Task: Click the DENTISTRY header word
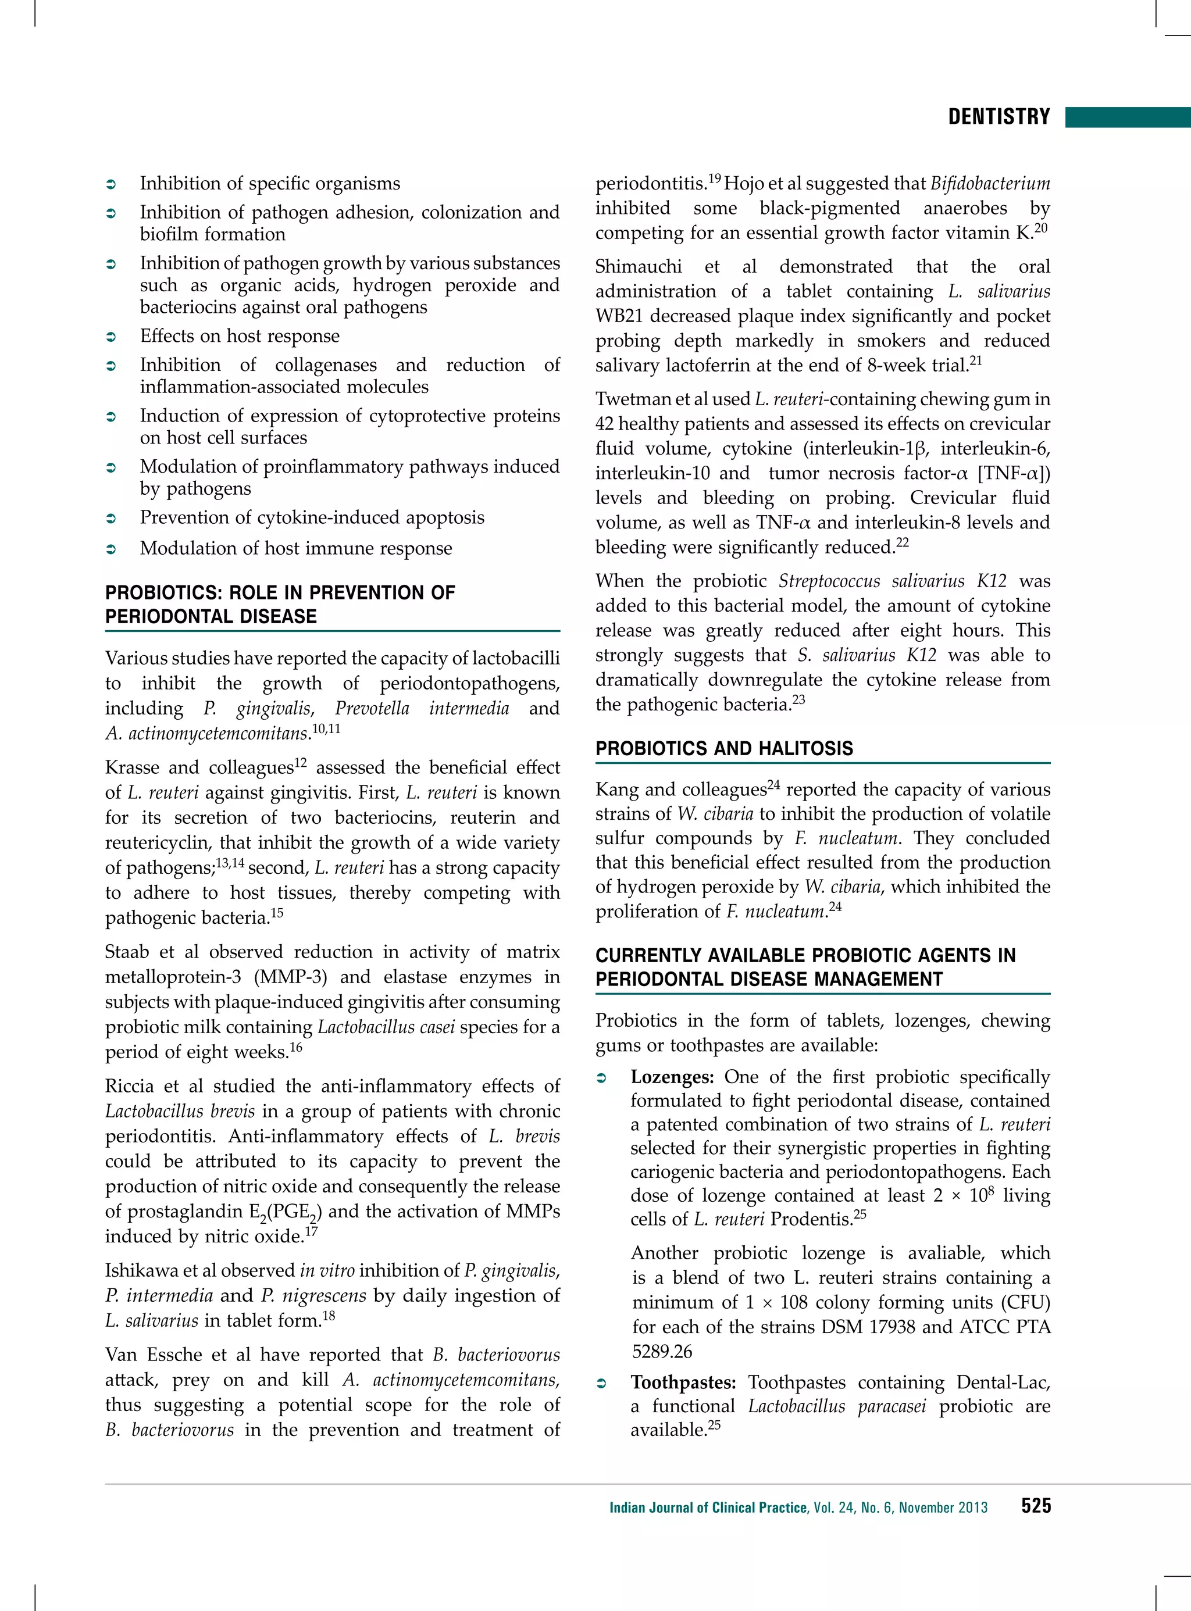(x=999, y=117)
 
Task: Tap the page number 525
(x=1035, y=1506)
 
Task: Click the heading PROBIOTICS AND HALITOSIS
(x=724, y=748)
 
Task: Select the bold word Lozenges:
(x=672, y=1077)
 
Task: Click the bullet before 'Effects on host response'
(x=111, y=337)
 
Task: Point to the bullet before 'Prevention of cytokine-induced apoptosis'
(x=111, y=518)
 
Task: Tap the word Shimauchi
(x=638, y=267)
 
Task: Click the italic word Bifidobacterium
(x=990, y=184)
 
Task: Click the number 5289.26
(x=662, y=1352)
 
